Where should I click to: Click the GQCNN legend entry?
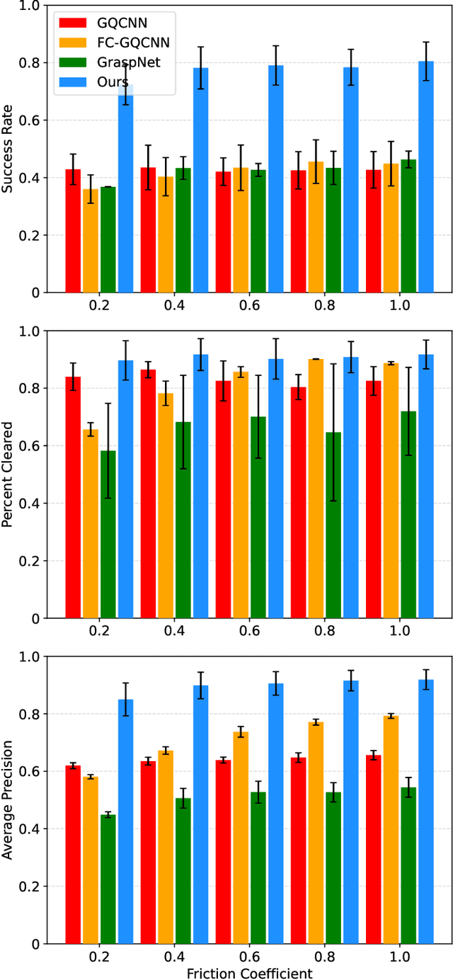tap(113, 22)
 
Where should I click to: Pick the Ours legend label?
tap(113, 82)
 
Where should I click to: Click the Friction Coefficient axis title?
tap(249, 973)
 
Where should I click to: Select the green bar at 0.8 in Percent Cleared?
tap(333, 525)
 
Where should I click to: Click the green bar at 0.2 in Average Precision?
tap(108, 879)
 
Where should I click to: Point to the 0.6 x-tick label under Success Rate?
tap(249, 309)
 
